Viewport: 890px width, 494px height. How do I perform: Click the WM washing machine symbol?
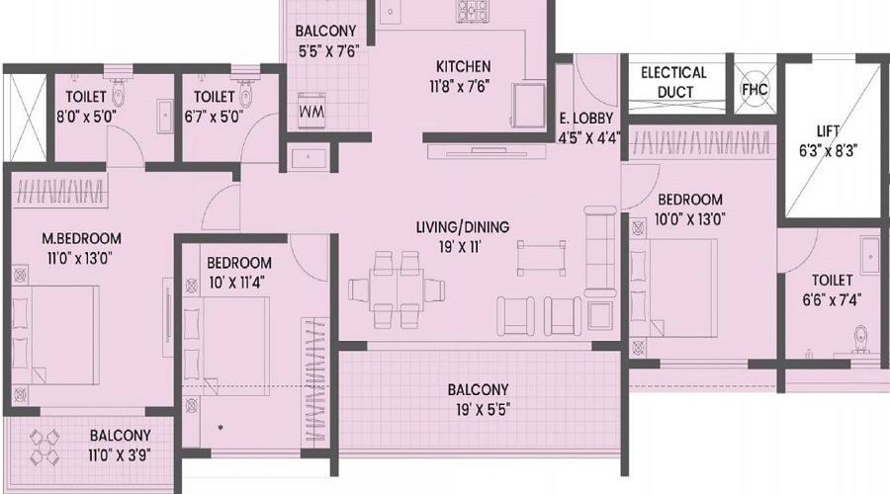(311, 110)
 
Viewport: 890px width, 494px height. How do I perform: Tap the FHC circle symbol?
(755, 89)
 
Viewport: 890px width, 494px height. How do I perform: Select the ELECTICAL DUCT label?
(674, 82)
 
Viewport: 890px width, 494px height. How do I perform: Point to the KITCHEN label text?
(463, 66)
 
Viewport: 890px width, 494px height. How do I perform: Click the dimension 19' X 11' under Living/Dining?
(459, 247)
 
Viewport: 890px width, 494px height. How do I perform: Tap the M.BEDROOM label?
(81, 239)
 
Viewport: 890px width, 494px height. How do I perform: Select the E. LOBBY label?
(586, 119)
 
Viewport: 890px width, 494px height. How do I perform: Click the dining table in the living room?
(397, 289)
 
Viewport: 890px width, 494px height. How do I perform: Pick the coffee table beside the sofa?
(542, 257)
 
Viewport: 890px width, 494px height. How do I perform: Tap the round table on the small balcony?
(44, 446)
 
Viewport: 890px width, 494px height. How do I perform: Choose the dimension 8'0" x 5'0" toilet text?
(86, 117)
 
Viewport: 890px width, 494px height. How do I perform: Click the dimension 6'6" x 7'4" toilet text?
(832, 299)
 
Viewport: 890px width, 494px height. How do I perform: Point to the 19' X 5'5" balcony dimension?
(483, 409)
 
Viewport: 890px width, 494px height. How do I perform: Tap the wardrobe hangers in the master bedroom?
(59, 192)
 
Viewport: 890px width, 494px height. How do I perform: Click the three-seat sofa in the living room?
(600, 251)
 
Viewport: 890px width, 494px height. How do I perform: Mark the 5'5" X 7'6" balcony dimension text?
(329, 51)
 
